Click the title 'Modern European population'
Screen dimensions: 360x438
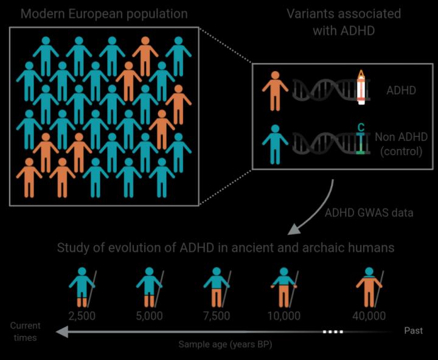click(103, 13)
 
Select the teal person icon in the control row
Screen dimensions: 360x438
click(275, 143)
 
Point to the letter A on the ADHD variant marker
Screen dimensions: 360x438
click(361, 75)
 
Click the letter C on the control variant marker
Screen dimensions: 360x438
click(361, 128)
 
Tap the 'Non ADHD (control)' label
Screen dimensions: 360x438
click(398, 144)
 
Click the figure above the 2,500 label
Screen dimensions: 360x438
click(82, 287)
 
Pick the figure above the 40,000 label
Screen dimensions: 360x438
click(369, 287)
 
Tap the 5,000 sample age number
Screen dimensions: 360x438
click(149, 316)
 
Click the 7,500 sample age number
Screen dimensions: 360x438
click(217, 316)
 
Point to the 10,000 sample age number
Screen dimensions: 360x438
click(283, 316)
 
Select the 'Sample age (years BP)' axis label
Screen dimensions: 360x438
click(226, 344)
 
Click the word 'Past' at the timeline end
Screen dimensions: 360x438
click(414, 331)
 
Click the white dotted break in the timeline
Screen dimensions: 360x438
click(332, 331)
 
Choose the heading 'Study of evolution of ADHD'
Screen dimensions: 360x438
click(226, 247)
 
